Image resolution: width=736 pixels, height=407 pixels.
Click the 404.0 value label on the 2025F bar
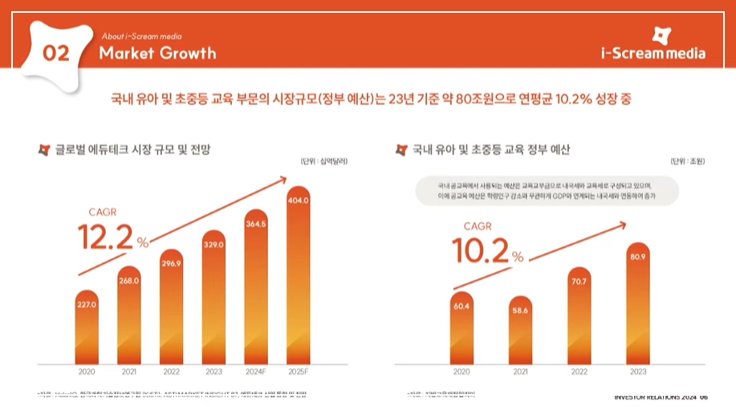pos(298,201)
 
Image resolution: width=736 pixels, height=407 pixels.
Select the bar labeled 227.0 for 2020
pos(87,329)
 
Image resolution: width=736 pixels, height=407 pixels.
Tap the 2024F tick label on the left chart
pos(256,372)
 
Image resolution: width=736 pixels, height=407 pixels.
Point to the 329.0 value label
pos(213,244)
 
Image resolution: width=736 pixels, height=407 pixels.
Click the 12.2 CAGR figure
pos(107,237)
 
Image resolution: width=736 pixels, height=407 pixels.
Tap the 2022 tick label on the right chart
pos(579,372)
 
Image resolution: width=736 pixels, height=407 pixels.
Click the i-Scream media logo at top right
pos(653,45)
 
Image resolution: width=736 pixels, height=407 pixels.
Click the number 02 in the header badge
pos(56,54)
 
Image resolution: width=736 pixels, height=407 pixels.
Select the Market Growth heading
pos(157,54)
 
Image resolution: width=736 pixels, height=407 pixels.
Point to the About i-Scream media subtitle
pos(142,36)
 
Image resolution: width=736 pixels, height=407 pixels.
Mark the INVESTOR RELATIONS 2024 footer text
pos(654,397)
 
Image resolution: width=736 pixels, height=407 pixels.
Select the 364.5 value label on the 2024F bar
pos(256,223)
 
